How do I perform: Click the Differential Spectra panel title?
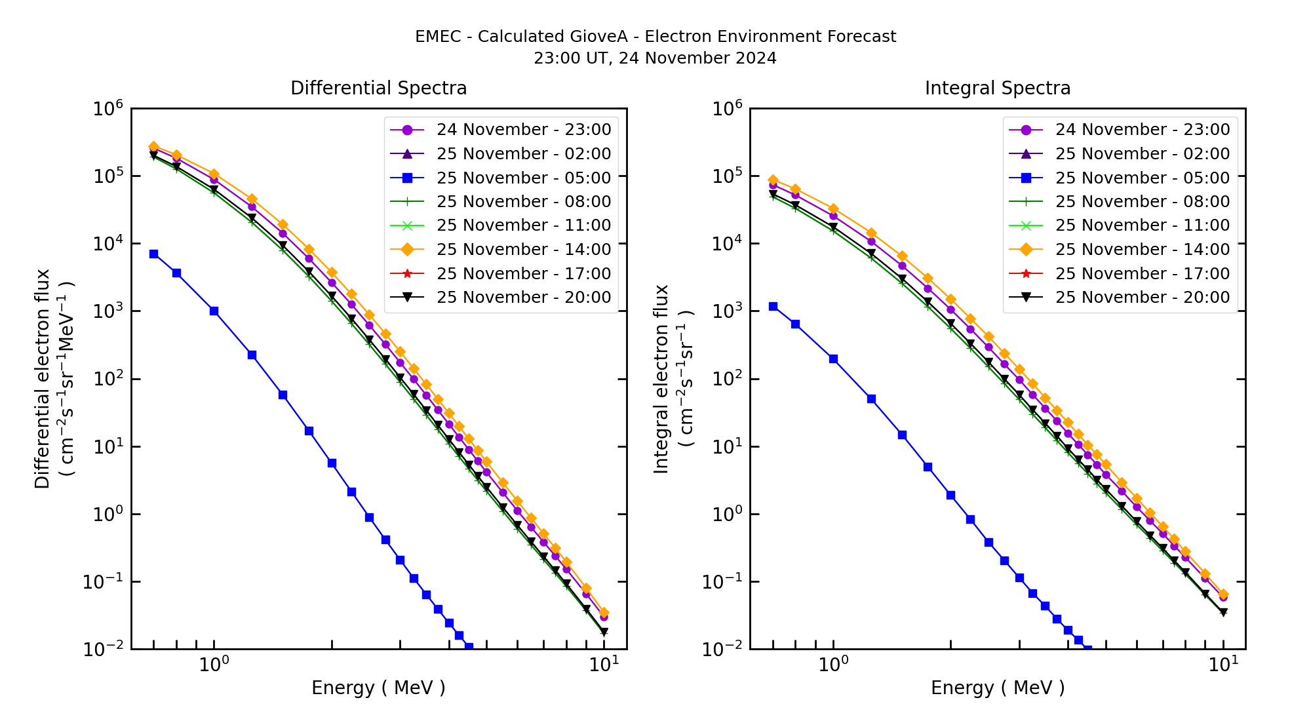[378, 88]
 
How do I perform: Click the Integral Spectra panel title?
[997, 88]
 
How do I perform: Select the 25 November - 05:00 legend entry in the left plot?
[523, 178]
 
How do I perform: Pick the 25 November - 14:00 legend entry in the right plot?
[1142, 249]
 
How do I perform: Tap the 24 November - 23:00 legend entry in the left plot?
[523, 130]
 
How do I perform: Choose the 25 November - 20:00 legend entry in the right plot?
[1142, 297]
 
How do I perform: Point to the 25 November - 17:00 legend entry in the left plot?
[523, 273]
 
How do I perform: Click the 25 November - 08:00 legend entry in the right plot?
[1142, 201]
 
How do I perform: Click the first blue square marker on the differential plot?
[153, 254]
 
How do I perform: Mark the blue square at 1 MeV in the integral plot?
[833, 359]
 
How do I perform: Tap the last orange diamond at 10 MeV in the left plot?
[604, 613]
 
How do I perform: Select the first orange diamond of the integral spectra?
[773, 180]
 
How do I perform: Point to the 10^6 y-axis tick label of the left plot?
[108, 109]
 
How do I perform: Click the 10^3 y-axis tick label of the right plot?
[727, 312]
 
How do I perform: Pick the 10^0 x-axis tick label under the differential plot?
[213, 665]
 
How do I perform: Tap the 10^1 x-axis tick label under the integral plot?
[1223, 665]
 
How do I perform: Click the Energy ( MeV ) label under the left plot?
[378, 688]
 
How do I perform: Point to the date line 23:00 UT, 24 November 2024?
[655, 58]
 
